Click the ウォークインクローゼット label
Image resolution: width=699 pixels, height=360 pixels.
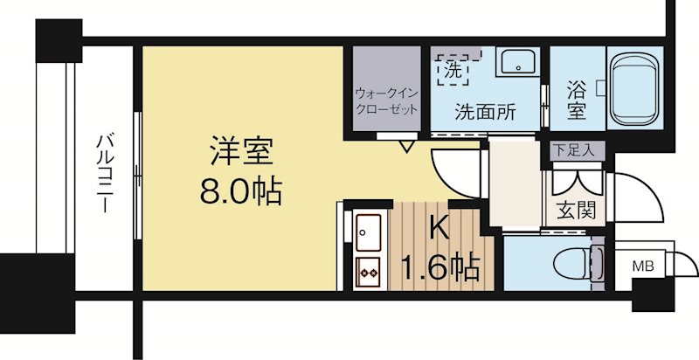point(386,100)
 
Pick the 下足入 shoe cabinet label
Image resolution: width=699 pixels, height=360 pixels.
point(573,149)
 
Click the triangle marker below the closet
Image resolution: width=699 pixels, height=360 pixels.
point(407,145)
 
